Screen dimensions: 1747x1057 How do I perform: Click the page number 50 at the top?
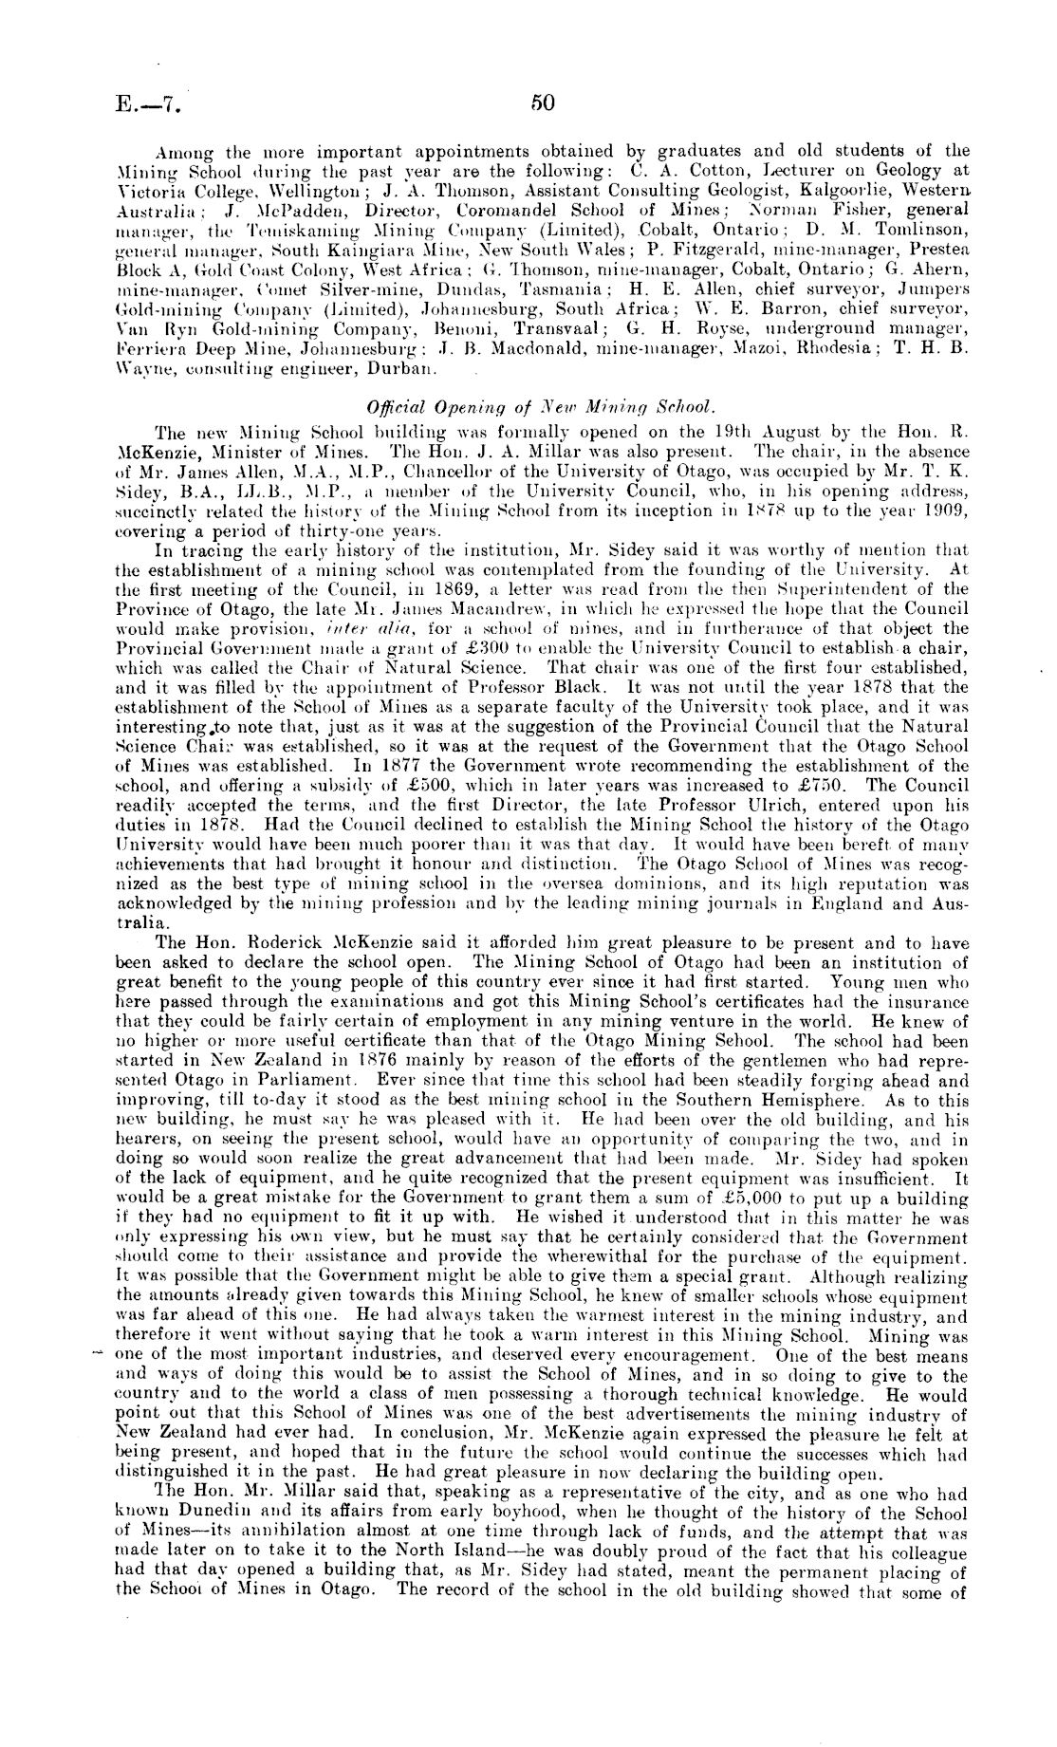coord(543,102)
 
